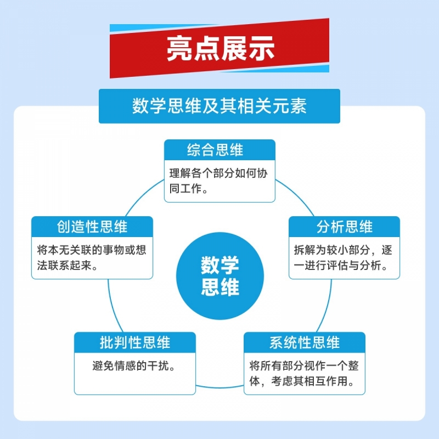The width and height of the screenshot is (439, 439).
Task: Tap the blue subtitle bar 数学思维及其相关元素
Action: point(219,105)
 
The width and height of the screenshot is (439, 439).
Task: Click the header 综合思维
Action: point(219,150)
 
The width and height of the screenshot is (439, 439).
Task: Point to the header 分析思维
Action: point(344,227)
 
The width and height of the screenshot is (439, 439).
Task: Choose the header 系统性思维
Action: point(305,342)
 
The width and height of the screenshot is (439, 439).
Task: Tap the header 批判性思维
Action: point(135,342)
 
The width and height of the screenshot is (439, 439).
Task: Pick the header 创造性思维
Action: point(92,227)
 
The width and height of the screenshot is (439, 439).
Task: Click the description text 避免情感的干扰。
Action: point(135,366)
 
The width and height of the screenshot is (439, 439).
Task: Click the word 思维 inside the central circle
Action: point(219,288)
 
